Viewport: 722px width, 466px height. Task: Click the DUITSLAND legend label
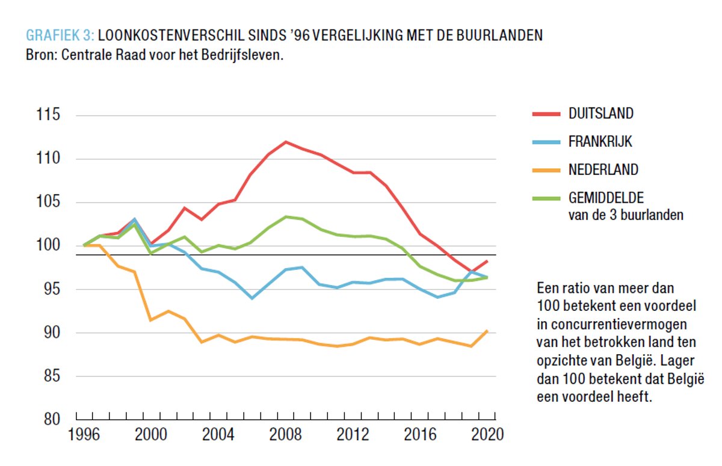tap(600, 113)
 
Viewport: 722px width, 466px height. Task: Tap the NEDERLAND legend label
tap(603, 170)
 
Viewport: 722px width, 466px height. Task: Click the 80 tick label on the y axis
tap(51, 419)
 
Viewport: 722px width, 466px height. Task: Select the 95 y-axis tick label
tap(51, 289)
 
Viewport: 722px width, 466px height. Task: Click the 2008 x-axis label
tap(288, 435)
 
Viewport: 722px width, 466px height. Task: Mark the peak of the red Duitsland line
tap(285, 142)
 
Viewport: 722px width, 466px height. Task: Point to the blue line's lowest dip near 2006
tap(251, 298)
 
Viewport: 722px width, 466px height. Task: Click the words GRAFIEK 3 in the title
tap(60, 35)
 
